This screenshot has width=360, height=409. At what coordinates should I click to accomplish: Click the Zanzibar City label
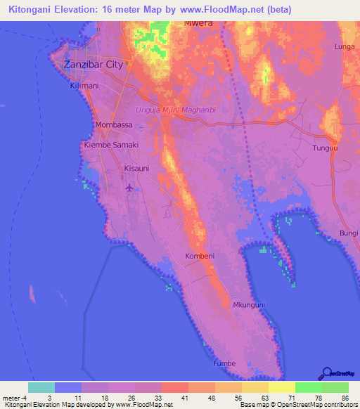(93, 64)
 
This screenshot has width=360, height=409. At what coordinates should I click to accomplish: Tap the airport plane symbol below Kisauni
(129, 188)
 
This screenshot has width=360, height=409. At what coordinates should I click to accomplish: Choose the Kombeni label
(200, 257)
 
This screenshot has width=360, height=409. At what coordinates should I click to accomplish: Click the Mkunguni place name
(249, 305)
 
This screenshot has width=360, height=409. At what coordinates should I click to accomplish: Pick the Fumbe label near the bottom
(225, 363)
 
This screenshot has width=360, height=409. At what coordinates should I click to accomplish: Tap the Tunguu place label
(325, 148)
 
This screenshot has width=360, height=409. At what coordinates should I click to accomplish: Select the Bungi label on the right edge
(349, 232)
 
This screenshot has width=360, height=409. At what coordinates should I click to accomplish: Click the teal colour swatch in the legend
(41, 387)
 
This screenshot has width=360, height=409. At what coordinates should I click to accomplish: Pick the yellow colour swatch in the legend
(282, 387)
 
